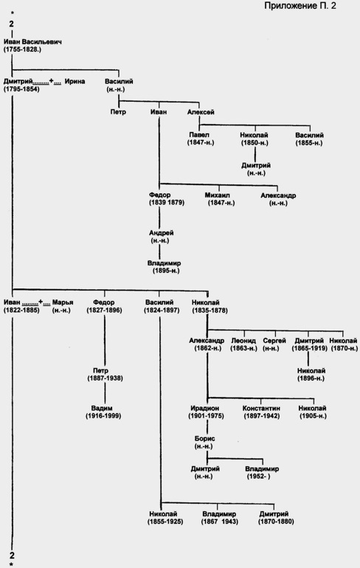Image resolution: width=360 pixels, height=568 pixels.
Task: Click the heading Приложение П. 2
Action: click(x=300, y=6)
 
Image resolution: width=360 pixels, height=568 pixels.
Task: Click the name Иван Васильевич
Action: click(x=32, y=41)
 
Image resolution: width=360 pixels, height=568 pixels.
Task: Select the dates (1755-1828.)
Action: click(x=22, y=49)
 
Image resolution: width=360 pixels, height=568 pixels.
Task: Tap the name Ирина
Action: click(x=75, y=81)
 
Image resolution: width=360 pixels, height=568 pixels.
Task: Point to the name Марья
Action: click(x=63, y=302)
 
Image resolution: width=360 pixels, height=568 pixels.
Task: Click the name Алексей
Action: click(x=201, y=112)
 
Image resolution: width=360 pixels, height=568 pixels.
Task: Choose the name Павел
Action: click(x=199, y=135)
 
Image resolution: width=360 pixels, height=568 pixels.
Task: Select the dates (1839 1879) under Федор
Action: click(x=167, y=203)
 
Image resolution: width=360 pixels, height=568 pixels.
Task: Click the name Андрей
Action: click(x=161, y=232)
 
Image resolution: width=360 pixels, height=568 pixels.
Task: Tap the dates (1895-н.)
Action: click(x=166, y=271)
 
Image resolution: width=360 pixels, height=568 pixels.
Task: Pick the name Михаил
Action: click(x=218, y=195)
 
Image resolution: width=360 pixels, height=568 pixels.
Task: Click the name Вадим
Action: click(x=102, y=408)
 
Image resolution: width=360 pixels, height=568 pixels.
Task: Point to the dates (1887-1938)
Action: click(x=105, y=378)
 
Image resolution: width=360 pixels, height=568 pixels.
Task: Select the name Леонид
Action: click(x=243, y=341)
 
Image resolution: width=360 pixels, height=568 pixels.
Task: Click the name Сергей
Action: click(x=274, y=341)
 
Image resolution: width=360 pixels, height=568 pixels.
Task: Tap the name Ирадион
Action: click(x=204, y=408)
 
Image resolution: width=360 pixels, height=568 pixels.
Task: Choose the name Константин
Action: click(x=261, y=408)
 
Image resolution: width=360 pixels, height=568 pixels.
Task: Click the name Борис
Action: click(x=204, y=439)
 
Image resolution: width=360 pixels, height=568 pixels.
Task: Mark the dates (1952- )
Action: click(x=259, y=477)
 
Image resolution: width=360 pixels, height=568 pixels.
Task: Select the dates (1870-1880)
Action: click(x=276, y=522)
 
